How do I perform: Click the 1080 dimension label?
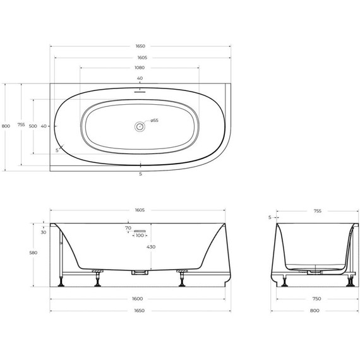pyautogui.click(x=140, y=68)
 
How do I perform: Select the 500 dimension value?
pyautogui.click(x=33, y=126)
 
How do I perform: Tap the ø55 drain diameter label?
pyautogui.click(x=154, y=121)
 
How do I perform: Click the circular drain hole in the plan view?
pyautogui.click(x=140, y=126)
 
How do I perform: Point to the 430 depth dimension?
pyautogui.click(x=150, y=247)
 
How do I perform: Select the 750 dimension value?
pyautogui.click(x=314, y=299)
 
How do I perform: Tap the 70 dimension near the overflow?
pyautogui.click(x=128, y=227)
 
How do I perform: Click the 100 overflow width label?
pyautogui.click(x=140, y=236)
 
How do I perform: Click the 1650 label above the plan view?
pyautogui.click(x=140, y=46)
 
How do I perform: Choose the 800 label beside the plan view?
pyautogui.click(x=6, y=126)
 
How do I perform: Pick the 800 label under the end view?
pyautogui.click(x=314, y=310)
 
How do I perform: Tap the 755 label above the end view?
pyautogui.click(x=314, y=212)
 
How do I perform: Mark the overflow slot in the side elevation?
pyautogui.click(x=140, y=231)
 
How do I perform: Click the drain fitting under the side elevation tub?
pyautogui.click(x=140, y=272)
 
